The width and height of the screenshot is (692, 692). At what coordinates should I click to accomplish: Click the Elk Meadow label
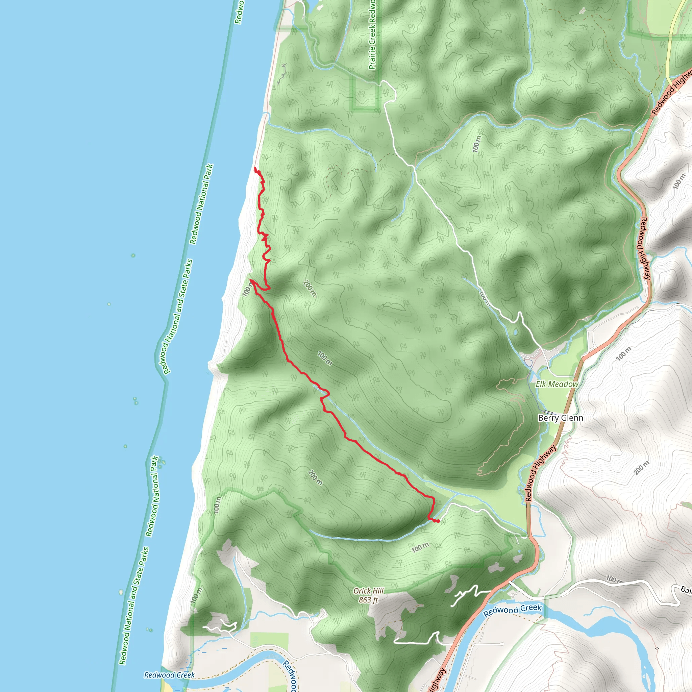(557, 384)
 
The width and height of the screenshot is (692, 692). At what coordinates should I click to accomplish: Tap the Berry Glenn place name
(561, 418)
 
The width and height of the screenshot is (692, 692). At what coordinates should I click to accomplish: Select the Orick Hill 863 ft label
(368, 595)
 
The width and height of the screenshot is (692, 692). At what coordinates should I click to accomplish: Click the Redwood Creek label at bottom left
(169, 675)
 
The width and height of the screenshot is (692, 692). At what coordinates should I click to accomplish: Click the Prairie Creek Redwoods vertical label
(372, 34)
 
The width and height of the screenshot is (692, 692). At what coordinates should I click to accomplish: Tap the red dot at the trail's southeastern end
(438, 521)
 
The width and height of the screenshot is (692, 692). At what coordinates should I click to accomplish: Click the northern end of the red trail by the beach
(255, 168)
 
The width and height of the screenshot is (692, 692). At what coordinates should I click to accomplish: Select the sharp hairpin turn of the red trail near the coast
(251, 280)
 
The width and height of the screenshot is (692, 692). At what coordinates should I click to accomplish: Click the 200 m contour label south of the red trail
(315, 477)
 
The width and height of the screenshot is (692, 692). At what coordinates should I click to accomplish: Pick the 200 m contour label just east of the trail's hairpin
(310, 288)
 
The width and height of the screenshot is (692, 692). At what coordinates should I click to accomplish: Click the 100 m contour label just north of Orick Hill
(420, 547)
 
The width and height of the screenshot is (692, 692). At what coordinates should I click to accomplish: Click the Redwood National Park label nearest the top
(201, 204)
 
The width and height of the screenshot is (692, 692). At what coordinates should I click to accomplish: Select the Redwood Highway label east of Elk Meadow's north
(645, 248)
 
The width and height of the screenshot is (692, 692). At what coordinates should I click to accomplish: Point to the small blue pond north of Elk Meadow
(515, 332)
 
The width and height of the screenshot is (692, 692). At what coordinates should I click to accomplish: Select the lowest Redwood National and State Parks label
(133, 605)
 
